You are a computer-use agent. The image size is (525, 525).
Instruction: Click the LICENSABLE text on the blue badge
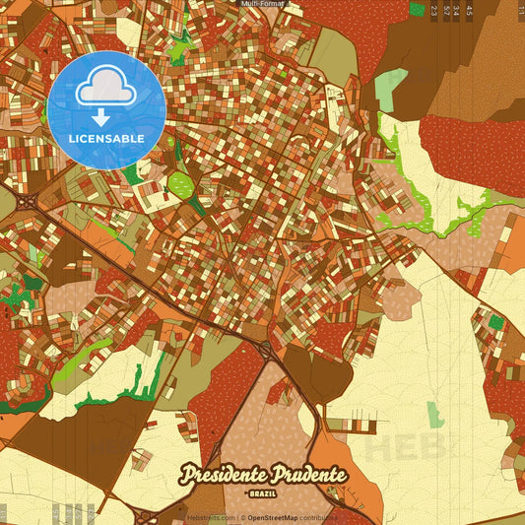(x=105, y=139)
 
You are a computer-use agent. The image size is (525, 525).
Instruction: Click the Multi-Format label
(x=262, y=4)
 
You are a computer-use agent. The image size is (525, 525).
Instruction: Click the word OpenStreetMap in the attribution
(x=273, y=517)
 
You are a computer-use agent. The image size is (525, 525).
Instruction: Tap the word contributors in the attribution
(x=319, y=517)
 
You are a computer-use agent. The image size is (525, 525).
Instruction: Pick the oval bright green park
(x=180, y=183)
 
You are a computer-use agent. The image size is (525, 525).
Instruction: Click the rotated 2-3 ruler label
(x=434, y=11)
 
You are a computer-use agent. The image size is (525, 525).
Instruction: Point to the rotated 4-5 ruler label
(x=469, y=11)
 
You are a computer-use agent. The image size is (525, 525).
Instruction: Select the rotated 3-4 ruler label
(x=457, y=11)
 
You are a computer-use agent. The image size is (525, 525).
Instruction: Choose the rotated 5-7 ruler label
(x=446, y=11)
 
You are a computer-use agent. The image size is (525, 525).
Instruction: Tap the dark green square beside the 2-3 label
(x=416, y=9)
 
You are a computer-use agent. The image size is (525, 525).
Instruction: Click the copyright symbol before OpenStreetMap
(x=242, y=517)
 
